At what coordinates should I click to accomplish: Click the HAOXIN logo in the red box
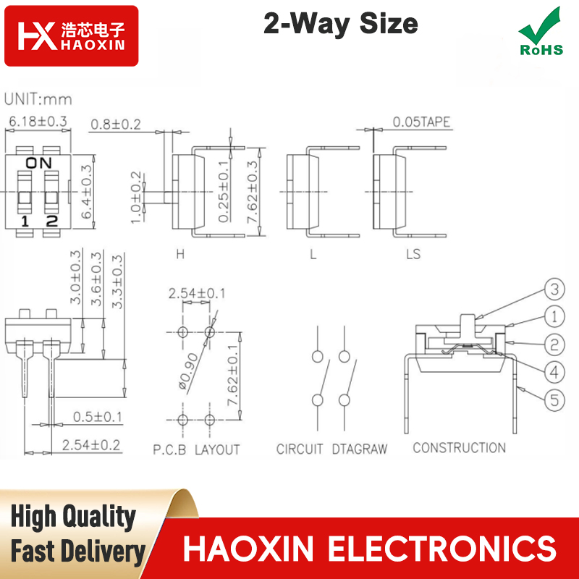click(x=71, y=36)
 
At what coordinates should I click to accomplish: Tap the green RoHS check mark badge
click(x=541, y=33)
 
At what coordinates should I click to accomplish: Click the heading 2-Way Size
click(x=341, y=25)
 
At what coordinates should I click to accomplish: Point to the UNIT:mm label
click(x=38, y=99)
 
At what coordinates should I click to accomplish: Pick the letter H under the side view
click(x=180, y=254)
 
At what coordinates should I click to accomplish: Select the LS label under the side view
click(x=413, y=254)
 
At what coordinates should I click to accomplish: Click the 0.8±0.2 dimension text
click(x=116, y=124)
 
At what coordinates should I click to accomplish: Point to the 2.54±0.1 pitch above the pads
click(x=197, y=293)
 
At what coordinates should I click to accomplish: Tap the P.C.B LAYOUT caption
click(x=196, y=449)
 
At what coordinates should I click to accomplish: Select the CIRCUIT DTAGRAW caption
click(x=331, y=449)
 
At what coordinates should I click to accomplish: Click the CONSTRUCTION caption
click(x=459, y=448)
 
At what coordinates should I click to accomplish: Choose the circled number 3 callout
click(x=553, y=291)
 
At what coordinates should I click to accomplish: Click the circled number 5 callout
click(x=553, y=398)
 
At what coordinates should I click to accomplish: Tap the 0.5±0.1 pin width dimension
click(x=97, y=417)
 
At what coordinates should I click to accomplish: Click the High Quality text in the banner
click(x=73, y=517)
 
